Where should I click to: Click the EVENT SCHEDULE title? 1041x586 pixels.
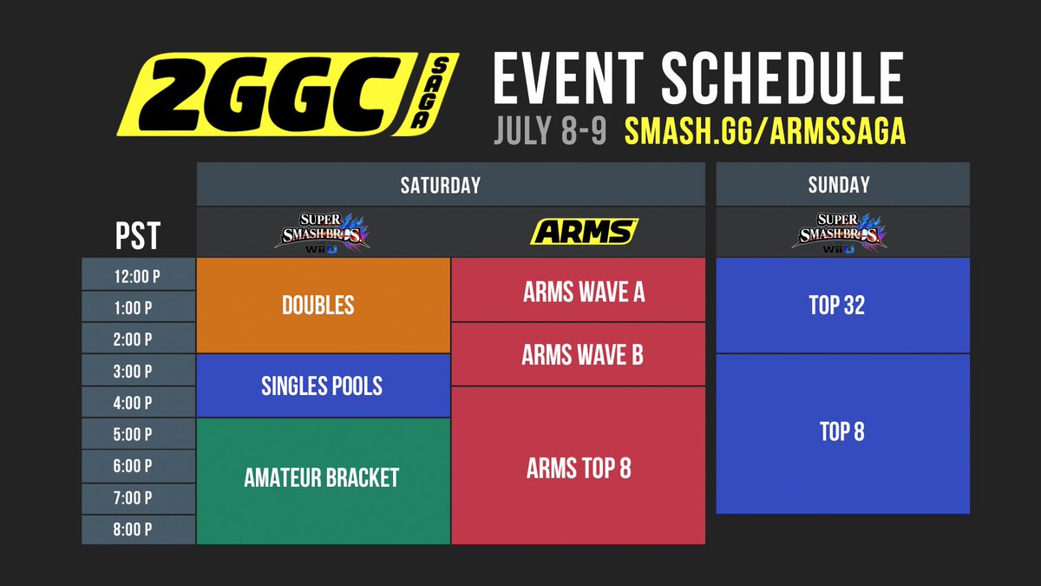tap(698, 78)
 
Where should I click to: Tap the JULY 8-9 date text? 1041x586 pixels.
tap(550, 131)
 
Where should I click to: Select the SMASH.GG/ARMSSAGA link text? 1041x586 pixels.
tap(765, 131)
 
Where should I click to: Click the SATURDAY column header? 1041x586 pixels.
tap(450, 185)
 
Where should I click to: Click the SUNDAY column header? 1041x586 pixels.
tap(842, 185)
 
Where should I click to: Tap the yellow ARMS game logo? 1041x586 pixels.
tap(585, 232)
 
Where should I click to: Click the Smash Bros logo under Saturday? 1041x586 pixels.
tap(324, 232)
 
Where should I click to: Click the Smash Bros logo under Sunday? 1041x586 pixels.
tap(842, 232)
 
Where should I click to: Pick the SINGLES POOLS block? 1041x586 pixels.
tap(323, 386)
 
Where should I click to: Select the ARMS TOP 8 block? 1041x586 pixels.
tap(579, 467)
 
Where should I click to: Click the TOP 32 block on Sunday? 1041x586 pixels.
tap(842, 306)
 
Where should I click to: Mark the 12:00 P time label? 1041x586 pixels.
tap(138, 275)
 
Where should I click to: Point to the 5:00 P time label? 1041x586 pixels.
tap(138, 435)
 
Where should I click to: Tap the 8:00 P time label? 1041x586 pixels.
tap(138, 530)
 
